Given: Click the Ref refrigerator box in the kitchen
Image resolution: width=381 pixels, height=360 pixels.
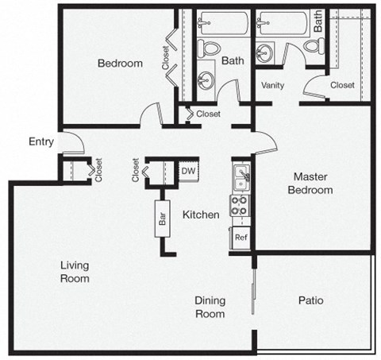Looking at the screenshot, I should click(x=240, y=238).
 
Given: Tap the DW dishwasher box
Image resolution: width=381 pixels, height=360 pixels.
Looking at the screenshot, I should click(x=188, y=170).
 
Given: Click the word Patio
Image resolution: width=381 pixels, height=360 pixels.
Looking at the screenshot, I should click(x=310, y=300).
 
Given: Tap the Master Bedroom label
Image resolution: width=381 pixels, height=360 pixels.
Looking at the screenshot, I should click(x=311, y=184).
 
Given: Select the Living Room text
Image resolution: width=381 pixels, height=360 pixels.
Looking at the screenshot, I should click(x=75, y=272).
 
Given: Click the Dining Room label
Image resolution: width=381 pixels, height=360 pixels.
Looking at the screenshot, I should click(x=210, y=307).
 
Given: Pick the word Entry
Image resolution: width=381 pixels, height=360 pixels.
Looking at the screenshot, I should click(x=40, y=142).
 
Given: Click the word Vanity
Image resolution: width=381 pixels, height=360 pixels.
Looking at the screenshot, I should click(x=273, y=85).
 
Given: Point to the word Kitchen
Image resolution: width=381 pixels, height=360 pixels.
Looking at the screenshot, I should click(x=201, y=215).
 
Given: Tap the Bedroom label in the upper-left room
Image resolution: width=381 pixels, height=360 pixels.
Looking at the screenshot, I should click(x=120, y=64).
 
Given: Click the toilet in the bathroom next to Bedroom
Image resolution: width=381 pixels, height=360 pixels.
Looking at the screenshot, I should click(x=208, y=49).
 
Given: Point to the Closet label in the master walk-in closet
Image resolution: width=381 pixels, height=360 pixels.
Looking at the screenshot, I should click(x=342, y=85).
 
